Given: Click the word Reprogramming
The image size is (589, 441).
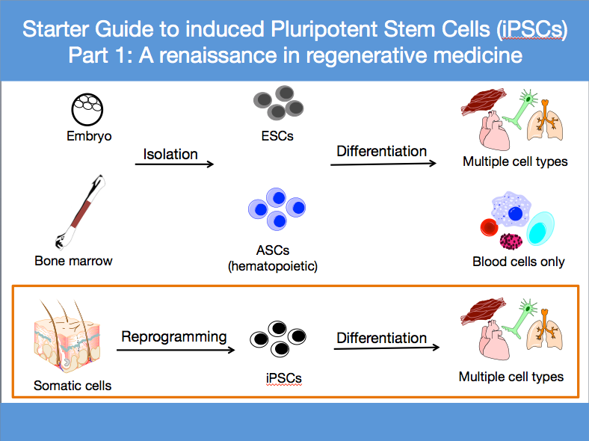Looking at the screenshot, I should (174, 336).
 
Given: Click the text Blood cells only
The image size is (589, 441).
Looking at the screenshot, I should (518, 262).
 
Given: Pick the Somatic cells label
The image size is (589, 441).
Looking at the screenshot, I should (73, 386).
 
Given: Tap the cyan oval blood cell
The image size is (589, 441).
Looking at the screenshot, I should (542, 227).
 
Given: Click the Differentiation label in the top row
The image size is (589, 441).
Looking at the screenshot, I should (381, 151).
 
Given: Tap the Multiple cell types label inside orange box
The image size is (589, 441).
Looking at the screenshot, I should (511, 377).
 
